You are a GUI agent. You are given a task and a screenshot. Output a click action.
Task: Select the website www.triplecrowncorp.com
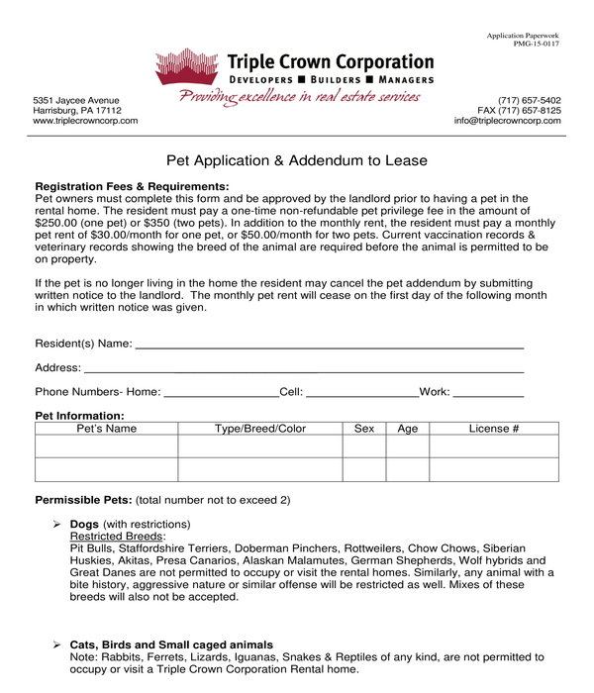pyautogui.click(x=85, y=121)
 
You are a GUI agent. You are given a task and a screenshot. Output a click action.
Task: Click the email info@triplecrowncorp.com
pyautogui.click(x=507, y=121)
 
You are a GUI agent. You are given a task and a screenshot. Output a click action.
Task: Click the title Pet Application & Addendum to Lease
pyautogui.click(x=297, y=160)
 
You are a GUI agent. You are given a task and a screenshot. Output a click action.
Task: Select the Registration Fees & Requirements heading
pyautogui.click(x=132, y=186)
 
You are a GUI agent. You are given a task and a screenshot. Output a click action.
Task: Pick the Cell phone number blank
pyautogui.click(x=362, y=392)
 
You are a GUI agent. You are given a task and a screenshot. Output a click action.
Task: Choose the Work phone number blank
pyautogui.click(x=488, y=392)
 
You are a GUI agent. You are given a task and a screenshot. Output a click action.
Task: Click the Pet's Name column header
pyautogui.click(x=107, y=429)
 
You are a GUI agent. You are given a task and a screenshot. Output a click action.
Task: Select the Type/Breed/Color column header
pyautogui.click(x=260, y=429)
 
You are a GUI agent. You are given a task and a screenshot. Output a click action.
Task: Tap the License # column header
pyautogui.click(x=494, y=429)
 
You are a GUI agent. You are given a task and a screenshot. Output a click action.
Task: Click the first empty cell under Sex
pyautogui.click(x=364, y=446)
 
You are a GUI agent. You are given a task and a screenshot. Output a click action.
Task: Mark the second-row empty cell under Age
pyautogui.click(x=407, y=469)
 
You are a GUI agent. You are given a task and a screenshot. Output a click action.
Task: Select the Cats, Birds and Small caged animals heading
pyautogui.click(x=171, y=644)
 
